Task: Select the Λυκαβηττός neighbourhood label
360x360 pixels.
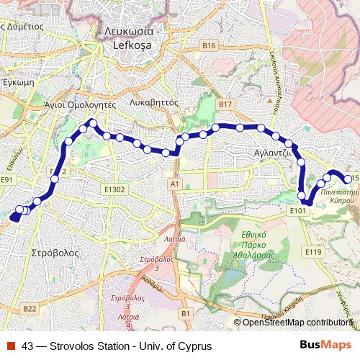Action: pyautogui.click(x=153, y=102)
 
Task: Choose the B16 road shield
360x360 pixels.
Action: pyautogui.click(x=209, y=46)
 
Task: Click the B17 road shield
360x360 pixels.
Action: pyautogui.click(x=225, y=104)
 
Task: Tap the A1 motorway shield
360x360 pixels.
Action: pyautogui.click(x=174, y=184)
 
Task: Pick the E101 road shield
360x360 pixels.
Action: pyautogui.click(x=299, y=210)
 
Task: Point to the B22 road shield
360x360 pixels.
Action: pyautogui.click(x=29, y=309)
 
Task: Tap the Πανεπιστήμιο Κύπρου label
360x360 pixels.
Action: pyautogui.click(x=337, y=198)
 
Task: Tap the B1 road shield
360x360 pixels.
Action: pyautogui.click(x=186, y=313)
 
